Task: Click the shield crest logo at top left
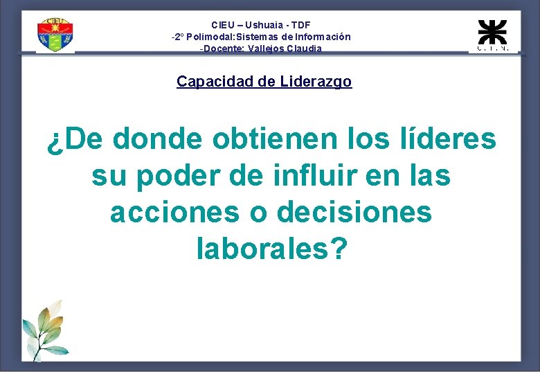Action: [55, 35]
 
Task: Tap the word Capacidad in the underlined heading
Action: [215, 82]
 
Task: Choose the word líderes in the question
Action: [436, 139]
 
